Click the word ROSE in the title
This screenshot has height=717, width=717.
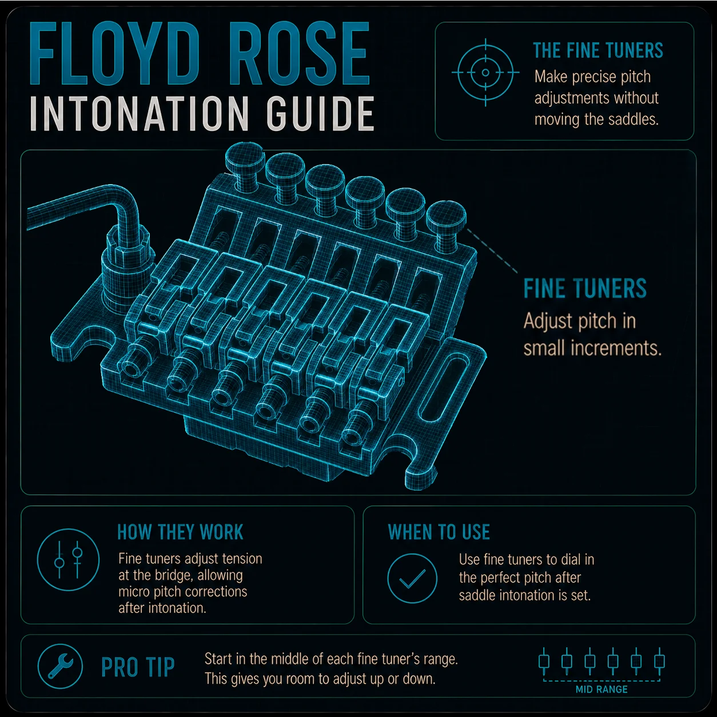point(300,54)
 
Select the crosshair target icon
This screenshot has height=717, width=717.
point(485,73)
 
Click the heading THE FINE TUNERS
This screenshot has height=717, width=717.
point(598,51)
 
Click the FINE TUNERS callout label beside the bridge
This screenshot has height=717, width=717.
point(585,288)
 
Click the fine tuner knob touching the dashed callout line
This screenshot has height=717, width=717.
point(446,223)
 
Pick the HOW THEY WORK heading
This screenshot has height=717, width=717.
point(180,532)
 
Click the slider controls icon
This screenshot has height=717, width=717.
point(68,560)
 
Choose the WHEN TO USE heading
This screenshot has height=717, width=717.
point(439,532)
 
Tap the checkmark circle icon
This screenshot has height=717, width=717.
point(412,578)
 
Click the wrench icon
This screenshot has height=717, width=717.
point(60,666)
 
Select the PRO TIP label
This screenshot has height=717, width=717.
point(138,667)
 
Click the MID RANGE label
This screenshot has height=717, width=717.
point(602,690)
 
